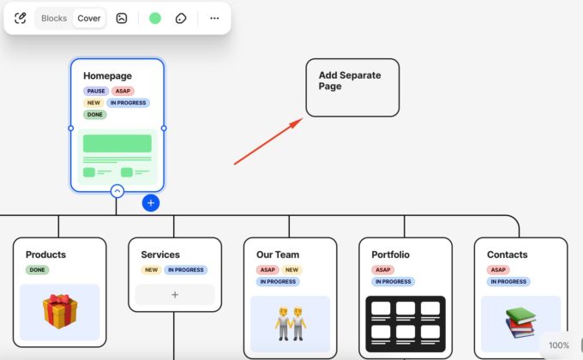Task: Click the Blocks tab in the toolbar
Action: (x=54, y=18)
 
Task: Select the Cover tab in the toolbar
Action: (x=89, y=18)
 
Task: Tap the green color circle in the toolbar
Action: (x=155, y=18)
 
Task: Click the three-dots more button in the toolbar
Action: (x=214, y=18)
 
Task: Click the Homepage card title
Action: (x=107, y=76)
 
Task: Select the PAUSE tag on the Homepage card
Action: (x=96, y=91)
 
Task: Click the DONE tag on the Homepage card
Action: (x=95, y=115)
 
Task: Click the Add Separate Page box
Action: (x=352, y=87)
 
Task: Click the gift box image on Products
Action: (x=59, y=312)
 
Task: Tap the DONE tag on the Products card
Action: (x=38, y=270)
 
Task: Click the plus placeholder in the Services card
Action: (x=175, y=295)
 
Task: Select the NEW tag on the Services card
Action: (x=152, y=270)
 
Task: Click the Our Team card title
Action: (x=278, y=255)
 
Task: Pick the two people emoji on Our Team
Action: (x=290, y=321)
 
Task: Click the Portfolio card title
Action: (x=390, y=255)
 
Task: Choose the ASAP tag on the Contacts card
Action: (x=498, y=270)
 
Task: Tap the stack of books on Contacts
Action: (x=520, y=323)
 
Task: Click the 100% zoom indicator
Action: (x=559, y=345)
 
